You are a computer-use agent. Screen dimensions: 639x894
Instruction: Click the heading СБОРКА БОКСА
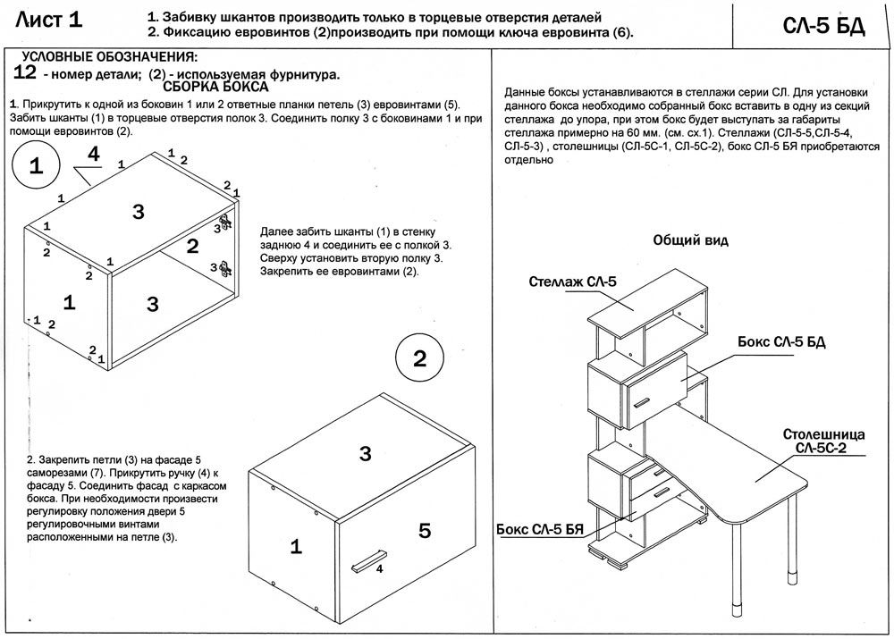click(x=217, y=88)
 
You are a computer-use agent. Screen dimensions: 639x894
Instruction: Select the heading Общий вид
click(x=690, y=240)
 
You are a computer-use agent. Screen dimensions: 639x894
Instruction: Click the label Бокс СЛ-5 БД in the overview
click(x=786, y=342)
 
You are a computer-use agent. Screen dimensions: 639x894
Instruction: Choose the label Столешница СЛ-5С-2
click(x=822, y=441)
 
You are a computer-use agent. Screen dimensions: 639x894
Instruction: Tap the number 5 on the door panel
click(x=425, y=531)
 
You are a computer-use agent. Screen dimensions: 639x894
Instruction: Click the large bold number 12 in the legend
click(x=26, y=72)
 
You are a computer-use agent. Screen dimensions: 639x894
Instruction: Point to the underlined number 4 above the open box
click(x=92, y=154)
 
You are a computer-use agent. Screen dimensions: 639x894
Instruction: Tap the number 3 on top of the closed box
click(x=365, y=454)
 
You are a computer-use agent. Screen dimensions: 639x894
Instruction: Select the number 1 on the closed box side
click(x=294, y=545)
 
